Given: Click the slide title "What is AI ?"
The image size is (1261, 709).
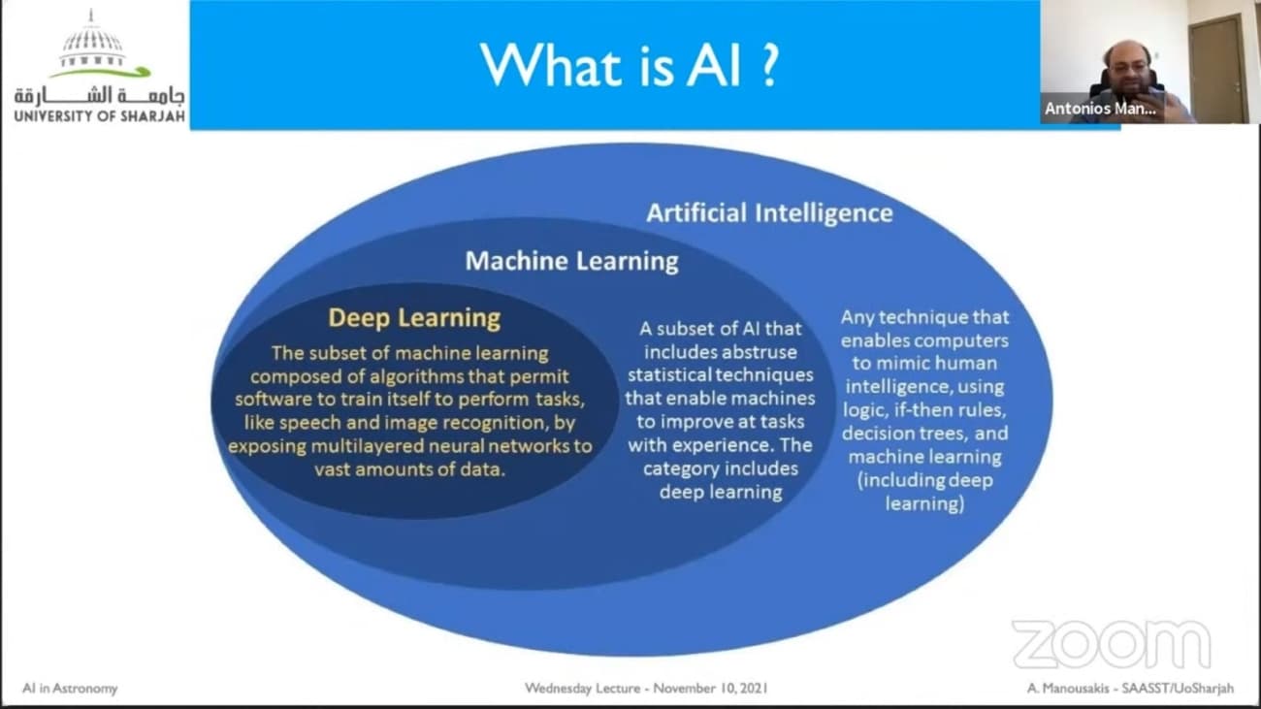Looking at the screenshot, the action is pyautogui.click(x=630, y=65).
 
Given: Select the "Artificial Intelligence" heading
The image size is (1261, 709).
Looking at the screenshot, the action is pyautogui.click(x=769, y=213).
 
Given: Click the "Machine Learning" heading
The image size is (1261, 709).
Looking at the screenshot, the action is pyautogui.click(x=572, y=261).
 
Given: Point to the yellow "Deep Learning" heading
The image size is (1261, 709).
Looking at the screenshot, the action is pyautogui.click(x=414, y=318).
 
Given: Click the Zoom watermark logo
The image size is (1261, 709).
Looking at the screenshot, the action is pyautogui.click(x=1112, y=644).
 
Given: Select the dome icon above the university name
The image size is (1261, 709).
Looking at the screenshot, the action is pyautogui.click(x=92, y=45).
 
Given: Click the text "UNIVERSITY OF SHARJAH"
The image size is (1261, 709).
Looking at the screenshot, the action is pyautogui.click(x=100, y=116).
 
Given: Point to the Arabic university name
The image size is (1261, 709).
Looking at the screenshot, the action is pyautogui.click(x=100, y=96).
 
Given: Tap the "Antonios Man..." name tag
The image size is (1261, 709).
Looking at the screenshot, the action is pyautogui.click(x=1101, y=109).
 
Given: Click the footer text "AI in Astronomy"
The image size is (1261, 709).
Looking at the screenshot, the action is pyautogui.click(x=70, y=689).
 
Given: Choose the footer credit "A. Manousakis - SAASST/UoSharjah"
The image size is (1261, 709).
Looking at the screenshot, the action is pyautogui.click(x=1130, y=689).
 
